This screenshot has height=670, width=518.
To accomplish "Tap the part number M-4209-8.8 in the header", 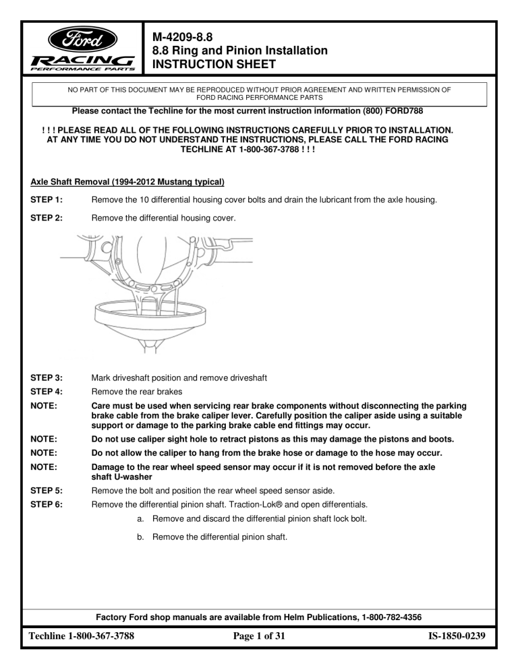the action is point(182,37).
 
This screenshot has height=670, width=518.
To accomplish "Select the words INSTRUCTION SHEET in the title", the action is point(214,64).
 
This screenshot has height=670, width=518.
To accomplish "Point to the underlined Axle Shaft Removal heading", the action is point(127,182).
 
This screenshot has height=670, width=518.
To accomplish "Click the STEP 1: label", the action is point(46,200).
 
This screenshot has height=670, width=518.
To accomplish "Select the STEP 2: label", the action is point(46,218).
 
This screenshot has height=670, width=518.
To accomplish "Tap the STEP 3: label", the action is point(46,377).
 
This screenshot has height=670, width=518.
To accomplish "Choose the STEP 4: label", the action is point(46,392).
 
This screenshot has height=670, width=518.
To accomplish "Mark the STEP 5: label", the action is point(46,491).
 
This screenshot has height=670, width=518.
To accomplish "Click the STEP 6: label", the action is point(46,504).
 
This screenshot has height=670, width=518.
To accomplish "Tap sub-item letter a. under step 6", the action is point(140,519).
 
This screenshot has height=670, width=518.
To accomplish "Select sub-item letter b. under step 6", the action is point(140,537).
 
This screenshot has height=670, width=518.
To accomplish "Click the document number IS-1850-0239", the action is point(457,636).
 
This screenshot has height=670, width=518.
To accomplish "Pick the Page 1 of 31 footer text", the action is point(259,636).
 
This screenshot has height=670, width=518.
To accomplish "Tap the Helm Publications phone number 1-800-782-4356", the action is point(391,617).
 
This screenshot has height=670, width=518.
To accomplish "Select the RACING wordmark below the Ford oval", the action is point(83,61).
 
